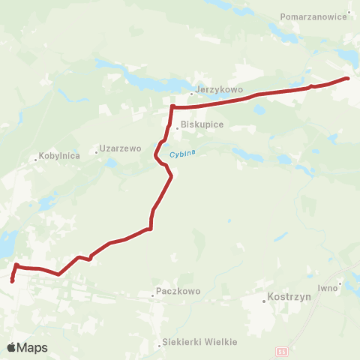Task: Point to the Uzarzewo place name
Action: click(122, 148)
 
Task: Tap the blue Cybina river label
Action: click(181, 154)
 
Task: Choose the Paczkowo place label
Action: click(177, 289)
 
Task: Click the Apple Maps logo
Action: click(27, 347)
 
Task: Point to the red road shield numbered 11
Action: click(281, 351)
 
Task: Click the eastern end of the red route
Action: click(347, 79)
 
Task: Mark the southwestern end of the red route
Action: click(12, 281)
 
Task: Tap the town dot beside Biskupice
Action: click(177, 128)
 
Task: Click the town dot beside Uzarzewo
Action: click(97, 151)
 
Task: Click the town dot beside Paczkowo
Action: click(153, 295)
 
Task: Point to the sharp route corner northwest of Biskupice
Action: click(172, 107)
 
